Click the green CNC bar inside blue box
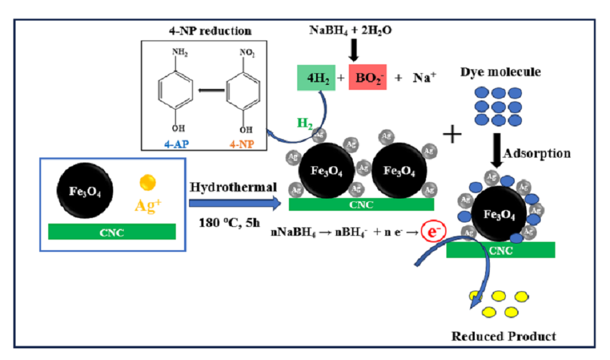(112, 232)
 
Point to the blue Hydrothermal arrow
(233, 204)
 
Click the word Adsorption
(536, 153)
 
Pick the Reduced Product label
(504, 336)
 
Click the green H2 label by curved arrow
(304, 123)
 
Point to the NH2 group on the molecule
(179, 53)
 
